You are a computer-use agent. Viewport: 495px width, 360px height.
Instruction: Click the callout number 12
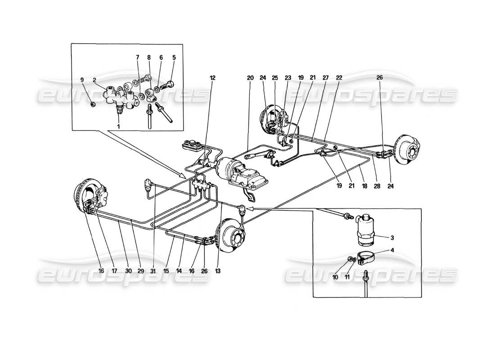click(212, 78)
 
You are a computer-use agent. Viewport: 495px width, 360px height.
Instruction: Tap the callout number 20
click(250, 78)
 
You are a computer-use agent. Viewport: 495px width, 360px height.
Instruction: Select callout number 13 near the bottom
click(219, 271)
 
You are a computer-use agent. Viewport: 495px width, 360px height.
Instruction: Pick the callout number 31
click(154, 271)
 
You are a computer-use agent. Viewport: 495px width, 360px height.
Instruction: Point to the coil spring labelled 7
click(142, 80)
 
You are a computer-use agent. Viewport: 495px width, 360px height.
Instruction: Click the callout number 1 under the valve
click(118, 127)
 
